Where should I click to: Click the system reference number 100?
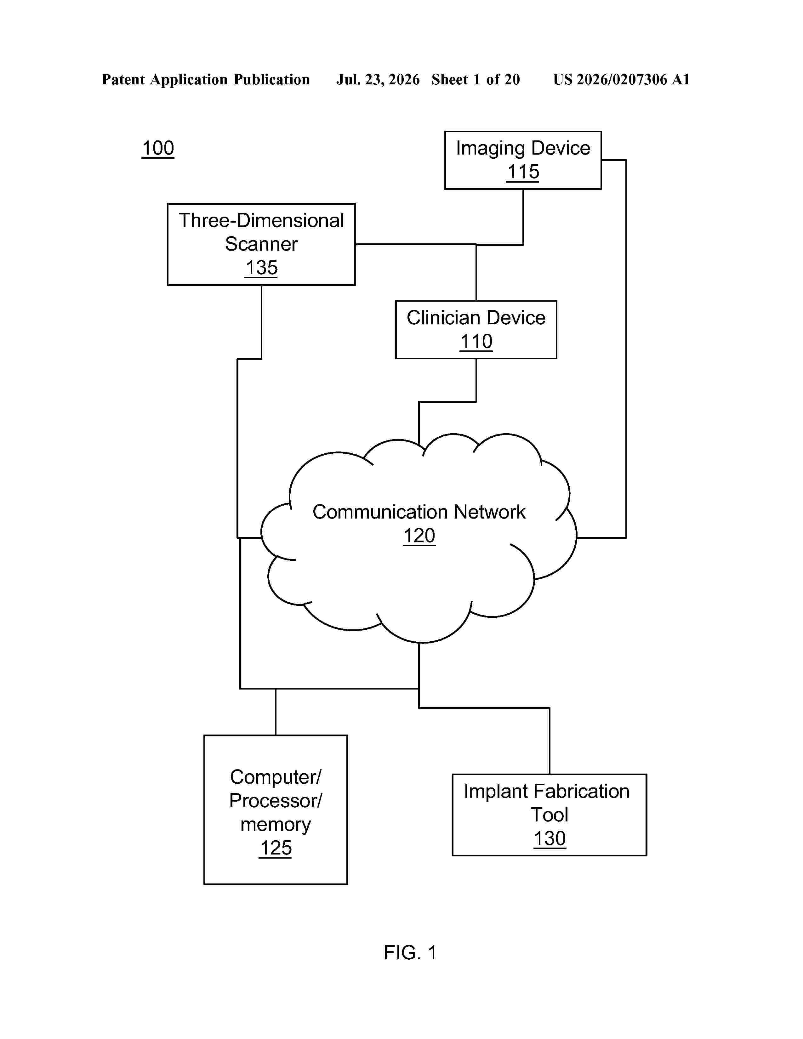tap(158, 148)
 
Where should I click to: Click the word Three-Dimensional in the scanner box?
tap(261, 220)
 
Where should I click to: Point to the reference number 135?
tap(261, 268)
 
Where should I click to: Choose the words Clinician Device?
tap(476, 317)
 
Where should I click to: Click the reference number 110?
tap(476, 342)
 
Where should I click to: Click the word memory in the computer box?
tap(276, 824)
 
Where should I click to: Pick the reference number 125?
tap(276, 848)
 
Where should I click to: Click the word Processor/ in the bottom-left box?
tap(276, 801)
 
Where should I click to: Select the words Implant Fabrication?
tap(547, 791)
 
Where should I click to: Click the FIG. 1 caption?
tap(410, 953)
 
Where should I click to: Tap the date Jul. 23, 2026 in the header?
tap(378, 79)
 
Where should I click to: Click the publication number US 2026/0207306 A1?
tap(621, 79)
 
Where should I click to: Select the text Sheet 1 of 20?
tap(476, 79)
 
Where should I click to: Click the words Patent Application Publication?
tap(206, 79)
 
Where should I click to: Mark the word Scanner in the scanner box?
tap(261, 244)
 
